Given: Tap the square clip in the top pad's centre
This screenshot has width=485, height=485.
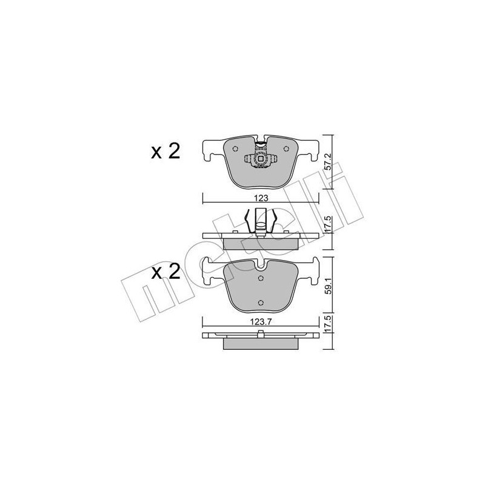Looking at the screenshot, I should tap(261, 160).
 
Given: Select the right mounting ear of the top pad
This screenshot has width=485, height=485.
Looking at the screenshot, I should tap(312, 149).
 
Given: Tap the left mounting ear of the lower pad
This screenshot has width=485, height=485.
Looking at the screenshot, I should tap(209, 270).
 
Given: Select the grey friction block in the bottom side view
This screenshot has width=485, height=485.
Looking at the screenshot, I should tap(261, 344).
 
